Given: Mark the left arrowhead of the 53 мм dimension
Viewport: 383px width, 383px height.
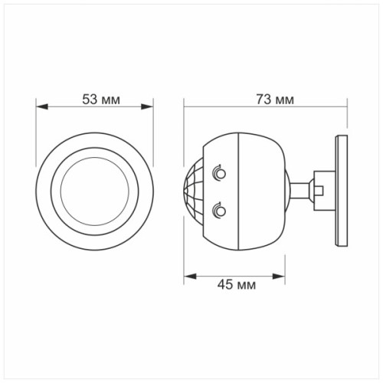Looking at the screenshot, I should [x=41, y=109].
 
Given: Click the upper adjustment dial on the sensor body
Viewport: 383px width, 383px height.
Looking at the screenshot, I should [x=220, y=173].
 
